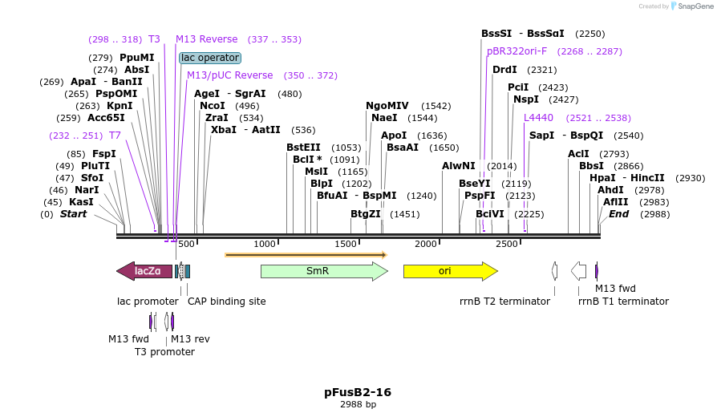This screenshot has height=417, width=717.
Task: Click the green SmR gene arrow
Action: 323,271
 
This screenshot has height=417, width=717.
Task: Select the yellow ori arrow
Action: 449,271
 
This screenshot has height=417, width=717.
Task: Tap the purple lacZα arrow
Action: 145,271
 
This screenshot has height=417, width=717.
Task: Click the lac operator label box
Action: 210,58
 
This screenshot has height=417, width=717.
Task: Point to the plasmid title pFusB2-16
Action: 358,392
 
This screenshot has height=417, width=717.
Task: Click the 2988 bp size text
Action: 358,405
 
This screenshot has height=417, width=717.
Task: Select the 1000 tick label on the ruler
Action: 265,244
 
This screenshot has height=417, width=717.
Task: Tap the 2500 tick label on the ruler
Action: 507,244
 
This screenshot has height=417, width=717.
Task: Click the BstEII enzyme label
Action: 303,147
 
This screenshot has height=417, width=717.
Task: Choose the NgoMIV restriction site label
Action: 387,106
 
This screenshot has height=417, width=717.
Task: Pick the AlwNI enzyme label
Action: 459,165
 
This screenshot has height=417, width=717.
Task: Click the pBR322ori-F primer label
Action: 516,51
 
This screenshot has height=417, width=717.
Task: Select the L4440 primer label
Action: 538,118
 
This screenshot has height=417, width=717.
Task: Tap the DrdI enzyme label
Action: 504,70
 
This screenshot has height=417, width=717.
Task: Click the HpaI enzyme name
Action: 602,178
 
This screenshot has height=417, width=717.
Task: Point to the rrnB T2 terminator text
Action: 504,302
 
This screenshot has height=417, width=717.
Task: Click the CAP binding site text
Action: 226,302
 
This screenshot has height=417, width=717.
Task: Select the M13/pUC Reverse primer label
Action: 229,75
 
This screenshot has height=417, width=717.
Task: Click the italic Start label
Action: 73,214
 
